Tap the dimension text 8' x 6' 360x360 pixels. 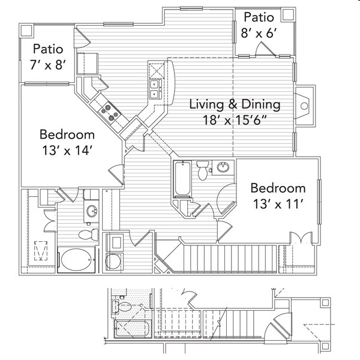[259, 33]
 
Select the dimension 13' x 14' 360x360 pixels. [67, 151]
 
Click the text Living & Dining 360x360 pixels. [235, 104]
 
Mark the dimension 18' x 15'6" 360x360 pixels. [235, 120]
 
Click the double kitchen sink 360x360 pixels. [154, 89]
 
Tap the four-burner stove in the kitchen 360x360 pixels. [109, 110]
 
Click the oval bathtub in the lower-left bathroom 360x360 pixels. [76, 259]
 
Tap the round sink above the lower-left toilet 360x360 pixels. [92, 211]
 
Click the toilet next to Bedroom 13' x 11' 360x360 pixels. [203, 170]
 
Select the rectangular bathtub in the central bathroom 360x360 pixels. [181, 179]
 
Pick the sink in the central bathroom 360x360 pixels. [223, 167]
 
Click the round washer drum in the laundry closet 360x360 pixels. [114, 261]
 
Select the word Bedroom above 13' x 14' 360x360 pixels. [67, 134]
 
